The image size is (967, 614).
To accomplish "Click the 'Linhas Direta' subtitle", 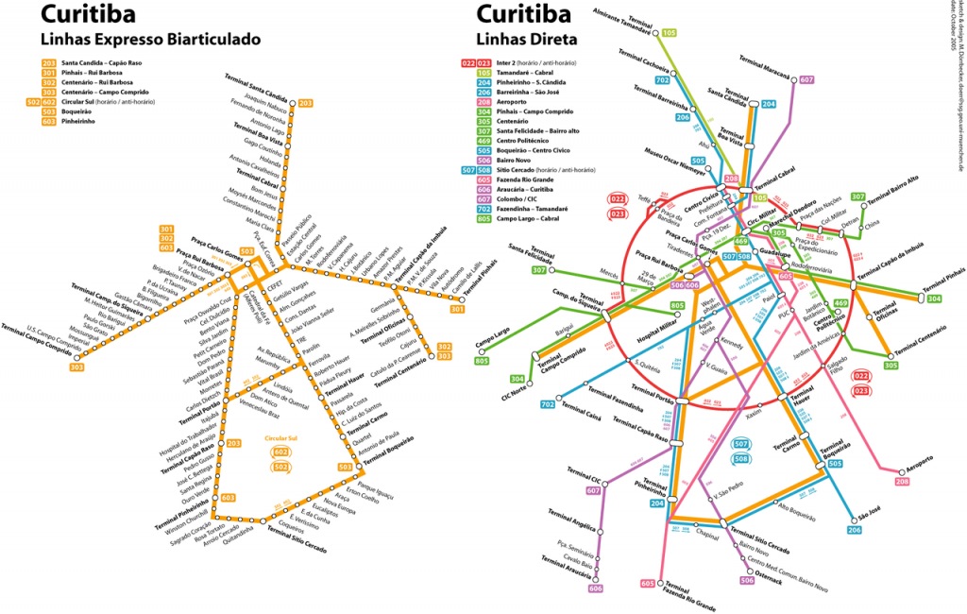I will click(x=517, y=40).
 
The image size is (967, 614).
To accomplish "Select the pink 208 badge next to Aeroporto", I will click(x=903, y=482).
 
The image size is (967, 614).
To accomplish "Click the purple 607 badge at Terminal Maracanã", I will click(x=806, y=80).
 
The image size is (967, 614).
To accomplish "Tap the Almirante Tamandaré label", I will click(x=627, y=22).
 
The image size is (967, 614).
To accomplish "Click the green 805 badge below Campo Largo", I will click(x=483, y=361).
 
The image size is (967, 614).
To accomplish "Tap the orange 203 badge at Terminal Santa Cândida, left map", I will click(x=305, y=103).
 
